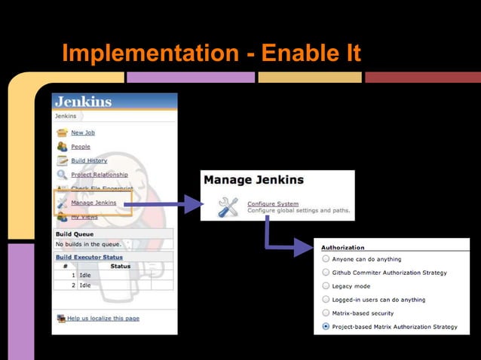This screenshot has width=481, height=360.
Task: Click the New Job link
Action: coord(82,133)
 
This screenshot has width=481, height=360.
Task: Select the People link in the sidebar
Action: coord(80,147)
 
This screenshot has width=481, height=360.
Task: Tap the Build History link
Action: coord(88,160)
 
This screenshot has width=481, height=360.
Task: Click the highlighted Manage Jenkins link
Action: coord(93,203)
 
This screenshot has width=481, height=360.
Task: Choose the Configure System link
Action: coord(272,203)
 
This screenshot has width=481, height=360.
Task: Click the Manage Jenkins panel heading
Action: coord(253,180)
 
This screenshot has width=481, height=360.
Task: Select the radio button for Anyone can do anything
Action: coord(326,259)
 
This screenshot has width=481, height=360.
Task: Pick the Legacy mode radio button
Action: coord(326,286)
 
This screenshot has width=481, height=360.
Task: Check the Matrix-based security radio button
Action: coord(326,313)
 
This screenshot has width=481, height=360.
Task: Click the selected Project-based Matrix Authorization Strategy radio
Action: coord(326,327)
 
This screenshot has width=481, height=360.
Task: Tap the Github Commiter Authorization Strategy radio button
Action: coord(326,273)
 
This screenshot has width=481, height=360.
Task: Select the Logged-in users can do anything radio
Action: coord(326,300)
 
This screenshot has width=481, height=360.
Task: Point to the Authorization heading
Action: coord(342,247)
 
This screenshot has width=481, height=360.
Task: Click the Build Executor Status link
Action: coord(88,257)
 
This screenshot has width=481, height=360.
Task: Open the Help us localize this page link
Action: coord(103,319)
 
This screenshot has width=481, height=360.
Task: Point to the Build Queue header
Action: coord(74,234)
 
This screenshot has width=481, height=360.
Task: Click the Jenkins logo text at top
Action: coord(83,102)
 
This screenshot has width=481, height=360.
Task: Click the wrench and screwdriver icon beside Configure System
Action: coord(228,207)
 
